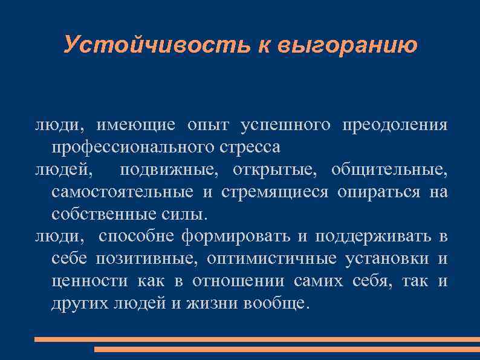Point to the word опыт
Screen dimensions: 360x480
coord(209,126)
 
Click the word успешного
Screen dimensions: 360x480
coord(285,126)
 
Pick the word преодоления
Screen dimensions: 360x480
coord(395,126)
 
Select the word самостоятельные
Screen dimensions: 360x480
coord(123,193)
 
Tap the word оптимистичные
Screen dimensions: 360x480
coord(271,259)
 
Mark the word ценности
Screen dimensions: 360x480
coord(89,281)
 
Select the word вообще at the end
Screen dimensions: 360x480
coord(275,304)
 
